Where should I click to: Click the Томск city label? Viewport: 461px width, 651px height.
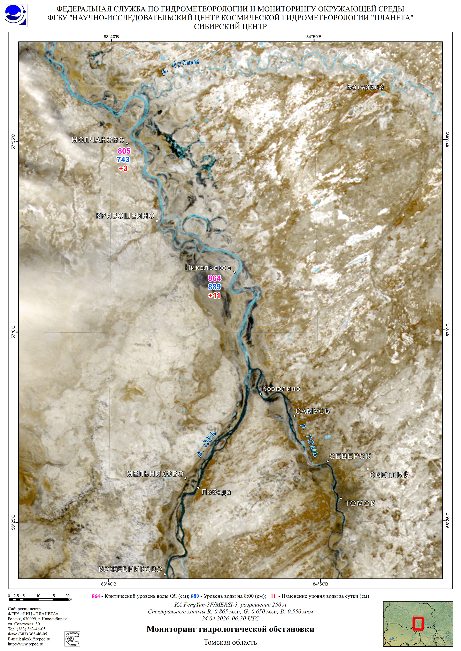pos(360,503)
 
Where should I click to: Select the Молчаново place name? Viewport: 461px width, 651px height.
pos(98,140)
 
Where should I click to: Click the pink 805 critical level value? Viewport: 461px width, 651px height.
pos(124,151)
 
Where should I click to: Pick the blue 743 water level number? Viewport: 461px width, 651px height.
pos(123,160)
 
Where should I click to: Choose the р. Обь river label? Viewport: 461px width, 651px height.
pos(207,444)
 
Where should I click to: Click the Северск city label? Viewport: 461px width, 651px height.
pos(350,456)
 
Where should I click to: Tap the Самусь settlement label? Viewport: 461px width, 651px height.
pos(312,411)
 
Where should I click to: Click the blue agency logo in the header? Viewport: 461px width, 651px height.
pos(16,16)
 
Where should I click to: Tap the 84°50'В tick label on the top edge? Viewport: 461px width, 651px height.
pos(314,37)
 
